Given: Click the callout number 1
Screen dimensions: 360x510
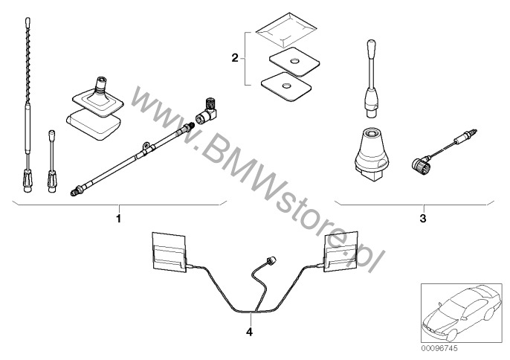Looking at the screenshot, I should click(117, 219).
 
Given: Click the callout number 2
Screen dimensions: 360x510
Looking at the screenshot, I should click(234, 57).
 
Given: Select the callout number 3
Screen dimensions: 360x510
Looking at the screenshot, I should click(422, 219).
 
